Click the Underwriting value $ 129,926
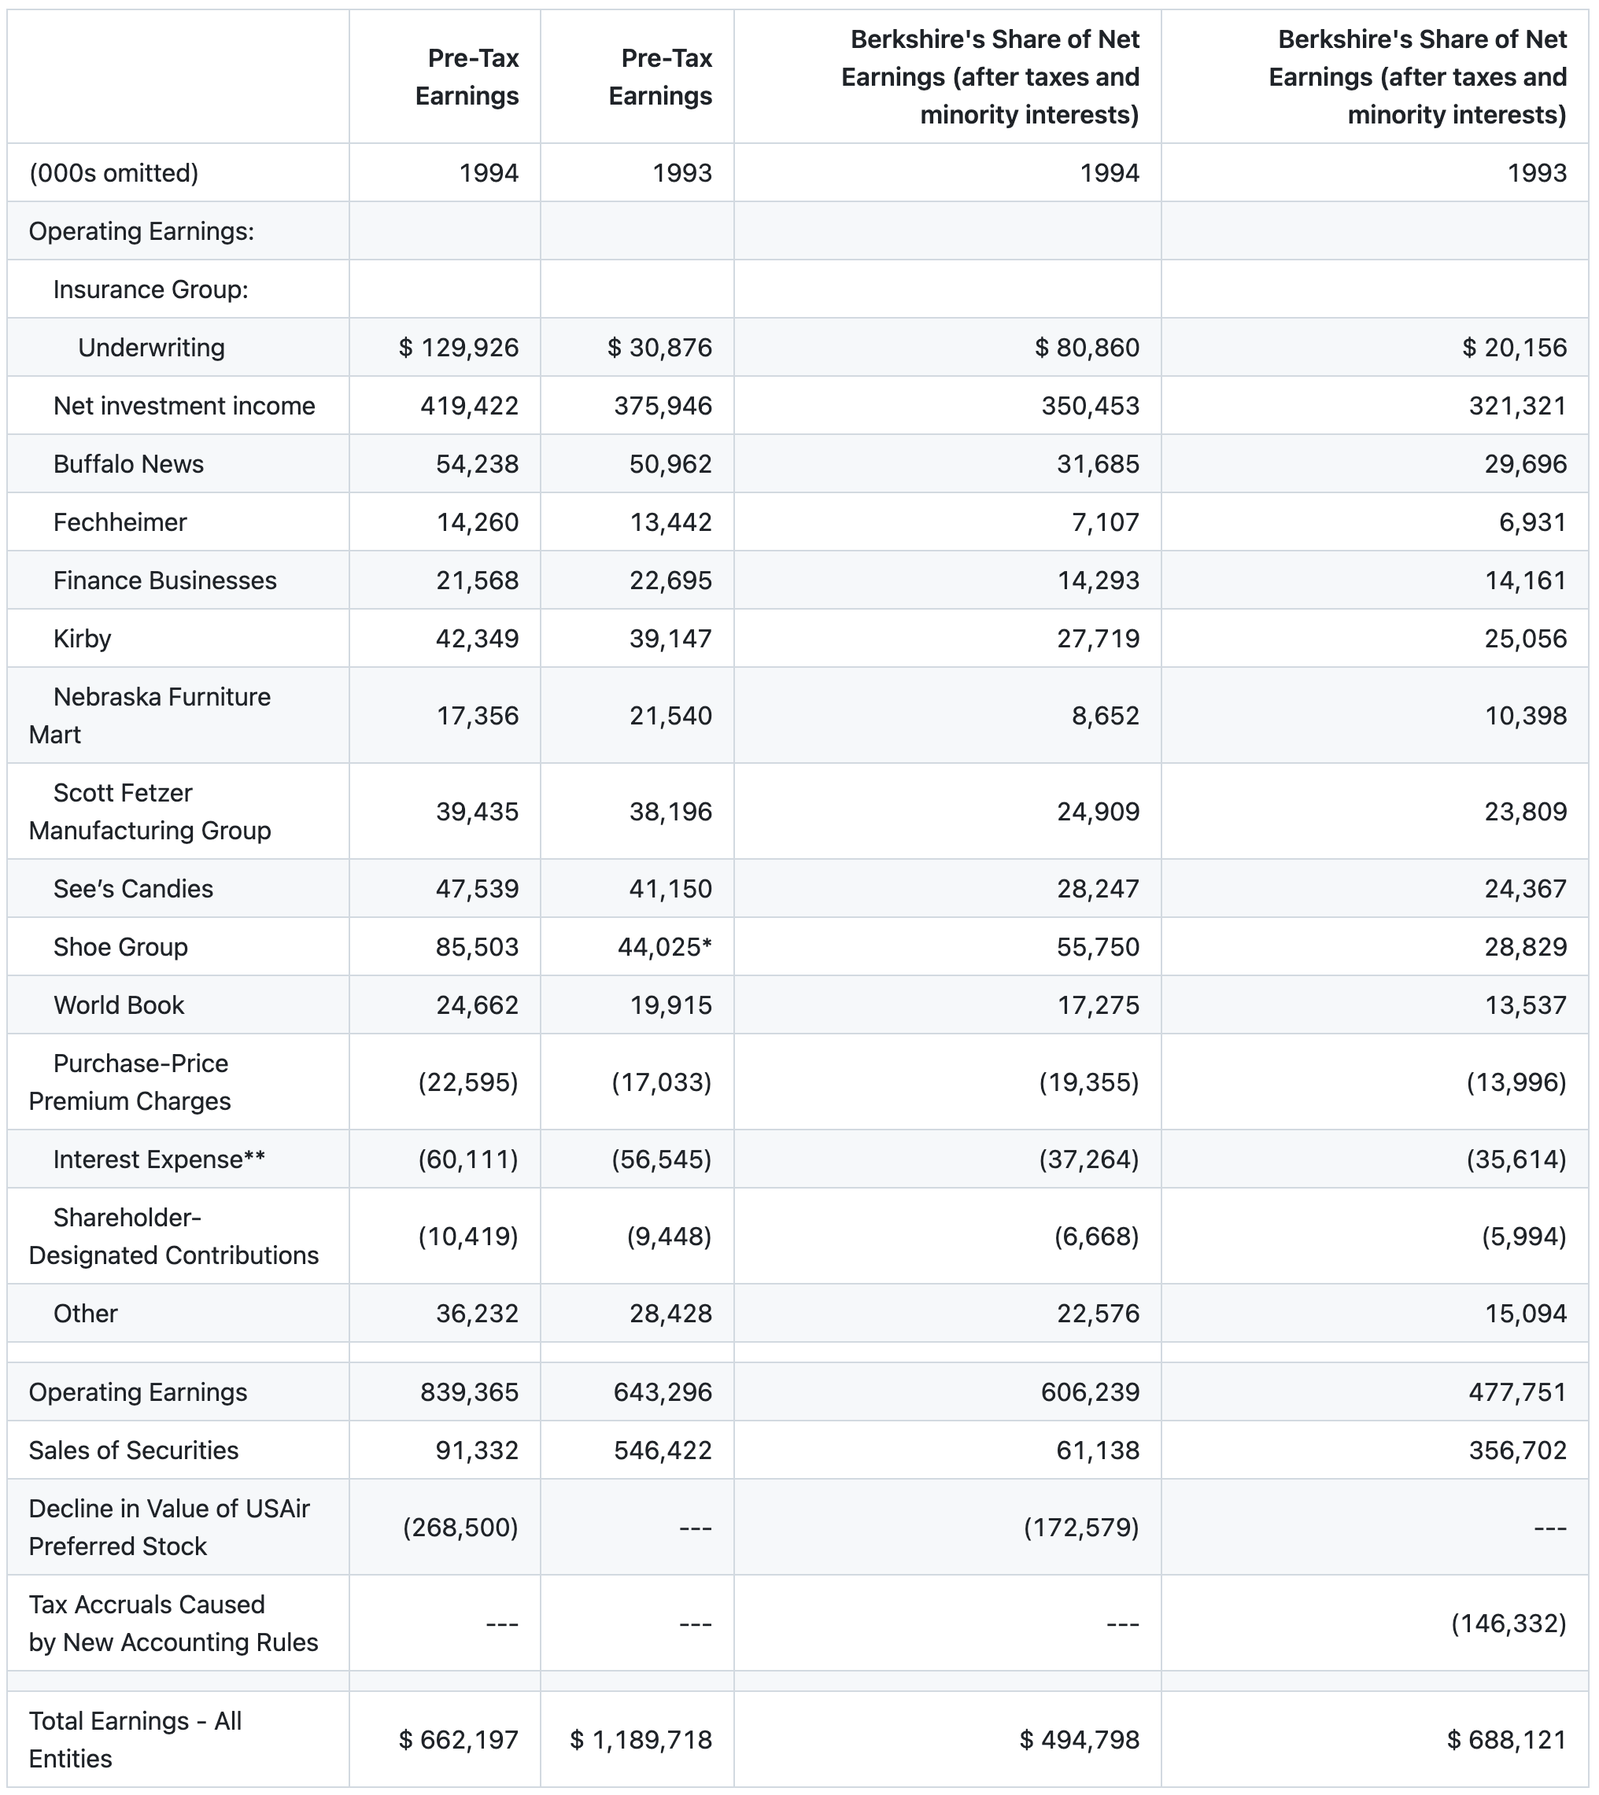(459, 348)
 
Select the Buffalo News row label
(128, 463)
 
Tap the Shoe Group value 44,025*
(664, 947)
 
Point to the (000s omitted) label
(113, 173)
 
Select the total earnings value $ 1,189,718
(641, 1739)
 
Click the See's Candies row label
(133, 889)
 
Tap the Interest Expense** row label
(159, 1159)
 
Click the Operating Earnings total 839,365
(469, 1392)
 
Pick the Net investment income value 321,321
(1517, 406)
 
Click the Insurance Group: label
(150, 289)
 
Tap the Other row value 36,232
(477, 1313)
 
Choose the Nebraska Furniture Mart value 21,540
(670, 716)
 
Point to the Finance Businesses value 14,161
(1525, 581)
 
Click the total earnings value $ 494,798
(1079, 1739)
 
